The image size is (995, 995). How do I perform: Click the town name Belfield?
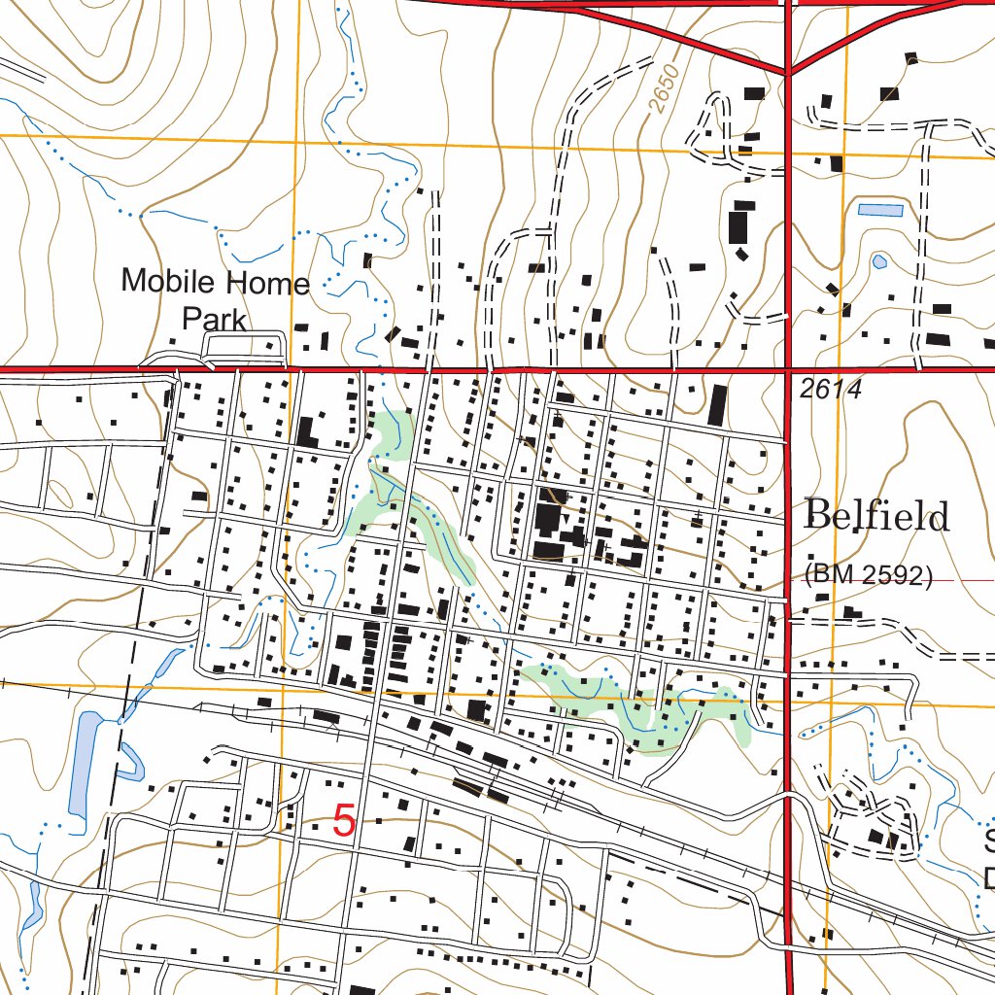click(x=876, y=515)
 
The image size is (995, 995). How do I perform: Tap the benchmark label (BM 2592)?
click(x=868, y=576)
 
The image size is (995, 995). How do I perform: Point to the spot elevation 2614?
click(x=832, y=390)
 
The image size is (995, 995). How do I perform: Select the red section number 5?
click(x=344, y=822)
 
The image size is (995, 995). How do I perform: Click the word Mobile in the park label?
click(x=166, y=283)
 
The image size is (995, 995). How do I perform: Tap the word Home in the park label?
click(x=265, y=283)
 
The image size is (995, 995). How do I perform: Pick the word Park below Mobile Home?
click(x=215, y=319)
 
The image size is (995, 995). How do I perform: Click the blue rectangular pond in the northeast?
click(x=880, y=209)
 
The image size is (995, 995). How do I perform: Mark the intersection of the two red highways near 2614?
click(x=787, y=369)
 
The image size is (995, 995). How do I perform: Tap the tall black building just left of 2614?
click(x=718, y=405)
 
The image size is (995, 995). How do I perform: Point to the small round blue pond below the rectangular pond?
click(x=879, y=261)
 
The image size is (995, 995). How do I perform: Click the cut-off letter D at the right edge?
click(x=988, y=876)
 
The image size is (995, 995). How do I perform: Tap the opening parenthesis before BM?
click(x=808, y=576)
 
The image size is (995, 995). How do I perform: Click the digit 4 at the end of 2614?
click(x=855, y=390)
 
